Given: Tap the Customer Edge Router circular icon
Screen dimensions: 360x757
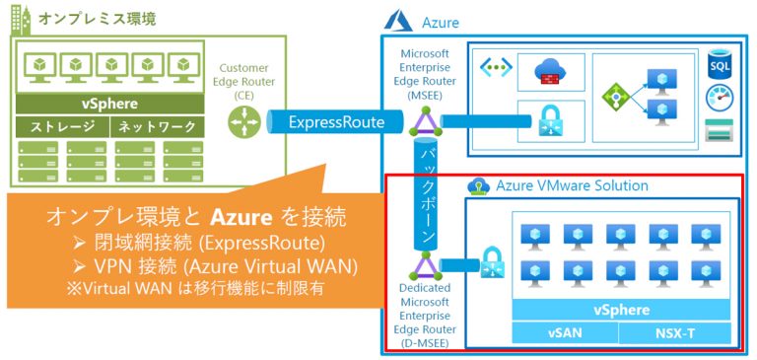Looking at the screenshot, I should (x=240, y=121).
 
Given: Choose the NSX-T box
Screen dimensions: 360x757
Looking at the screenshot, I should (x=676, y=333).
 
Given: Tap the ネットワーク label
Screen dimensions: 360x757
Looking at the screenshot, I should (x=157, y=126).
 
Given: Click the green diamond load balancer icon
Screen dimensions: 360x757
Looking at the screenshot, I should (x=615, y=96).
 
